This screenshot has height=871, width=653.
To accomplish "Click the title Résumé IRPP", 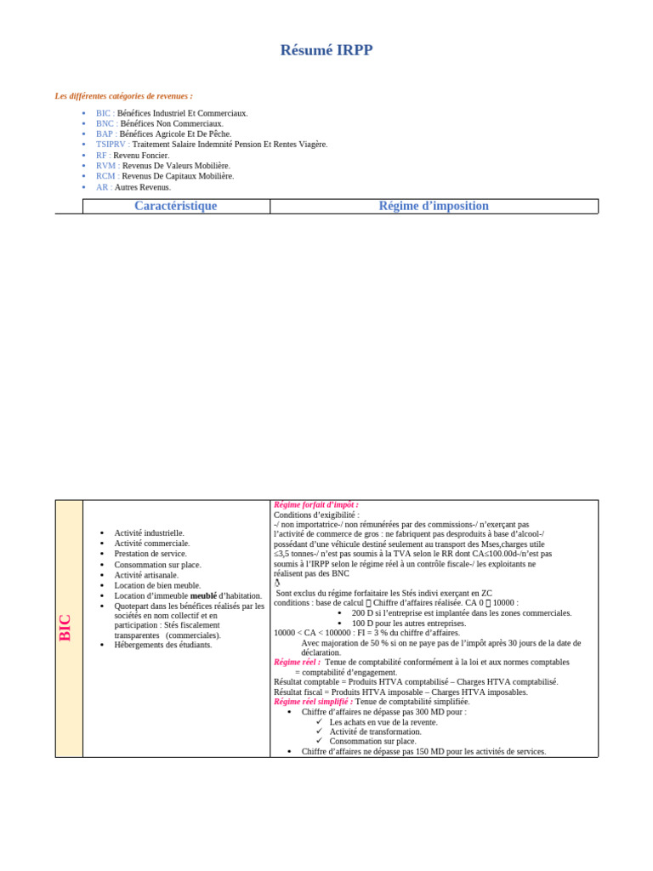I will tap(326, 50).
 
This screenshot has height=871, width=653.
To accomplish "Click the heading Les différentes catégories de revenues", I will tap(124, 96).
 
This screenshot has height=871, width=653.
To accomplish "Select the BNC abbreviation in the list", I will tap(105, 123).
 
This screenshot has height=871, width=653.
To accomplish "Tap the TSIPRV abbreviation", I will tap(112, 145).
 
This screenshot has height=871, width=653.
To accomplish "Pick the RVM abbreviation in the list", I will tap(106, 166).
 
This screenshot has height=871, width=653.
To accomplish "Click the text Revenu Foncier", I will tap(141, 156).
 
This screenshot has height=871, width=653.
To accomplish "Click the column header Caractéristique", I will tap(176, 206).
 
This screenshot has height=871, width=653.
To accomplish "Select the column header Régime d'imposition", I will tap(434, 206).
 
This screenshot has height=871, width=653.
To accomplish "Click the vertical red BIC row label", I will tap(66, 628).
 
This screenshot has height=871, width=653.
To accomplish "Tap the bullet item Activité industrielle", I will tap(150, 533).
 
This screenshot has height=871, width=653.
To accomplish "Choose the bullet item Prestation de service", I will tap(150, 554).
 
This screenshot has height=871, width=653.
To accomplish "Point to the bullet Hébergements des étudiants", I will tap(163, 645).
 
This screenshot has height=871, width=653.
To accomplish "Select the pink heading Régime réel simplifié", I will tap(313, 702).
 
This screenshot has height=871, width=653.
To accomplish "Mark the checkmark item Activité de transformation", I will tap(375, 732).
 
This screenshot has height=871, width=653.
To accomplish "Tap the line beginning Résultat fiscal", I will tap(400, 692).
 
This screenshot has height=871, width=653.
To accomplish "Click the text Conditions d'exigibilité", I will tap(316, 515).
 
